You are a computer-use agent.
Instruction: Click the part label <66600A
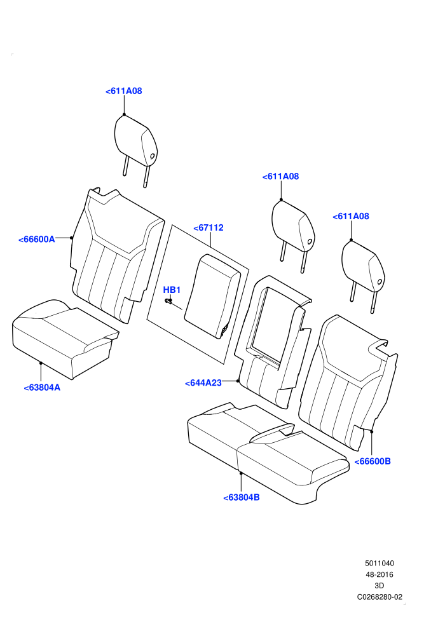pos(36,240)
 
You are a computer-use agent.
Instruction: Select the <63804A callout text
pos(42,388)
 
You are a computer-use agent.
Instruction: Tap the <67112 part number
pos(209,228)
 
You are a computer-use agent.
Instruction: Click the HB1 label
pos(172,290)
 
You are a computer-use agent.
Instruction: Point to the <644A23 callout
pos(203,383)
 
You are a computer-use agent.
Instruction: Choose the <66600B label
pos(373,461)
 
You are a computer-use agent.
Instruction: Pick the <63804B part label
pos(242,497)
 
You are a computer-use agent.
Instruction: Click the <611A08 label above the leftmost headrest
pos(123,91)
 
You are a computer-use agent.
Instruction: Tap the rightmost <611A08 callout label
pos(351,216)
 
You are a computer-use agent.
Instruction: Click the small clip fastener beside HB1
pos(169,301)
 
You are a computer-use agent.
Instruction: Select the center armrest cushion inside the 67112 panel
pos(213,296)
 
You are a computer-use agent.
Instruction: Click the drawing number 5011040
pos(379,563)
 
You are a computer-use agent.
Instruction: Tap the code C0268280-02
pos(380,597)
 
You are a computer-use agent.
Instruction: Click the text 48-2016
pos(379,574)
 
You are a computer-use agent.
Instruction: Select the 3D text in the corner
pos(379,586)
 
